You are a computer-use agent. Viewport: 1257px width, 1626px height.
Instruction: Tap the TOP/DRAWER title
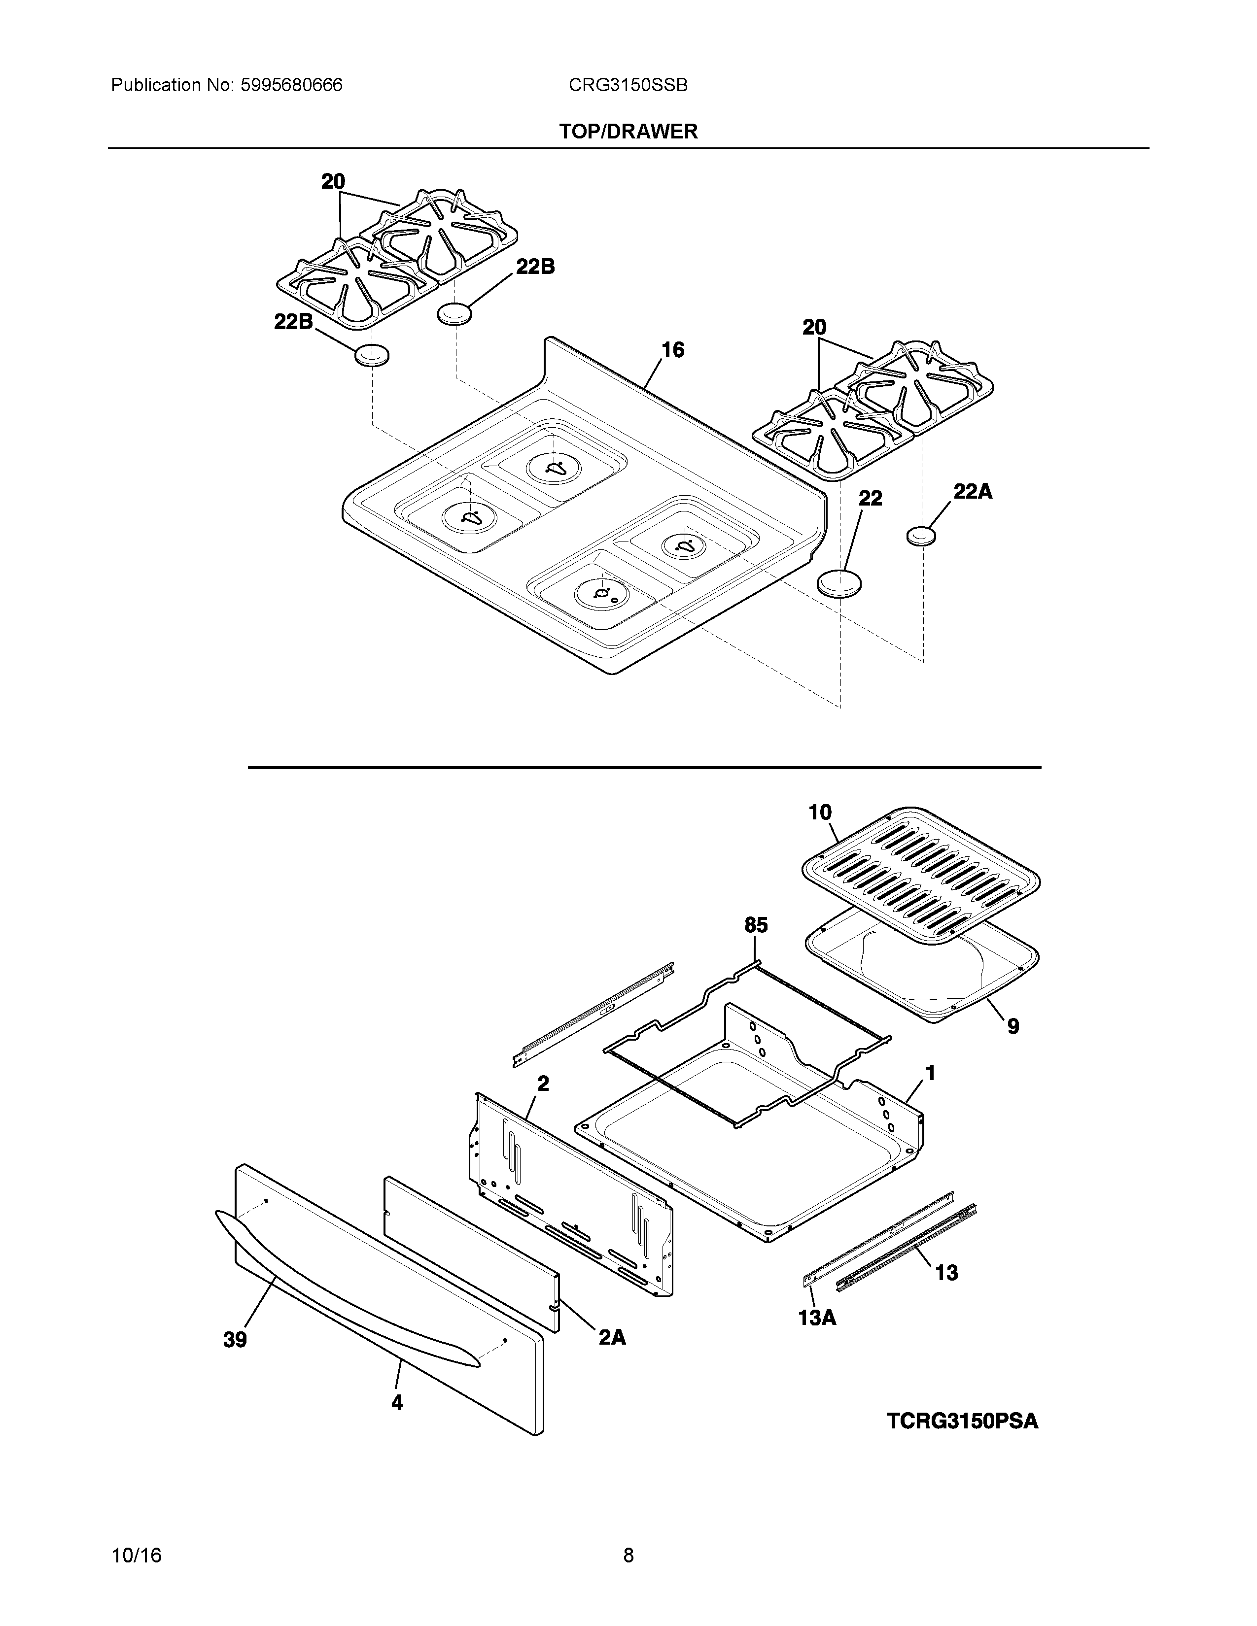pos(628,132)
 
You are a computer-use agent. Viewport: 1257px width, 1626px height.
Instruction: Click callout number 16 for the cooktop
pos(672,350)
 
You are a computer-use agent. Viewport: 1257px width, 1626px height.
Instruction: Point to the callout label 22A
pos(973,491)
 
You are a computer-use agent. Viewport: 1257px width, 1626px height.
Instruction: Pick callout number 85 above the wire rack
pos(755,925)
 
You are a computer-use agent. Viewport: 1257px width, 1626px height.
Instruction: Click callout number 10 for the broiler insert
pos(820,812)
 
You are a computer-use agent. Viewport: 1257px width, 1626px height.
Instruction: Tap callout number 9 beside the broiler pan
pos(1013,1027)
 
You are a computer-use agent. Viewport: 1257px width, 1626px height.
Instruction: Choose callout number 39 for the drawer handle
pos(235,1340)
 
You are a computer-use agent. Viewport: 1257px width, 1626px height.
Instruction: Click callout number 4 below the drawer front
pos(397,1403)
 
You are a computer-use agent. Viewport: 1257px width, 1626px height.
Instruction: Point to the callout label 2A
pos(612,1338)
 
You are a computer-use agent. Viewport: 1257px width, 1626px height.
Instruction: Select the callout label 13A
pos(817,1318)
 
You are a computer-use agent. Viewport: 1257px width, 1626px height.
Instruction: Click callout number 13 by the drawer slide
pos(946,1273)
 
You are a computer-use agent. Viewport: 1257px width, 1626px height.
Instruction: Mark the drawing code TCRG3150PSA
pos(962,1421)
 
